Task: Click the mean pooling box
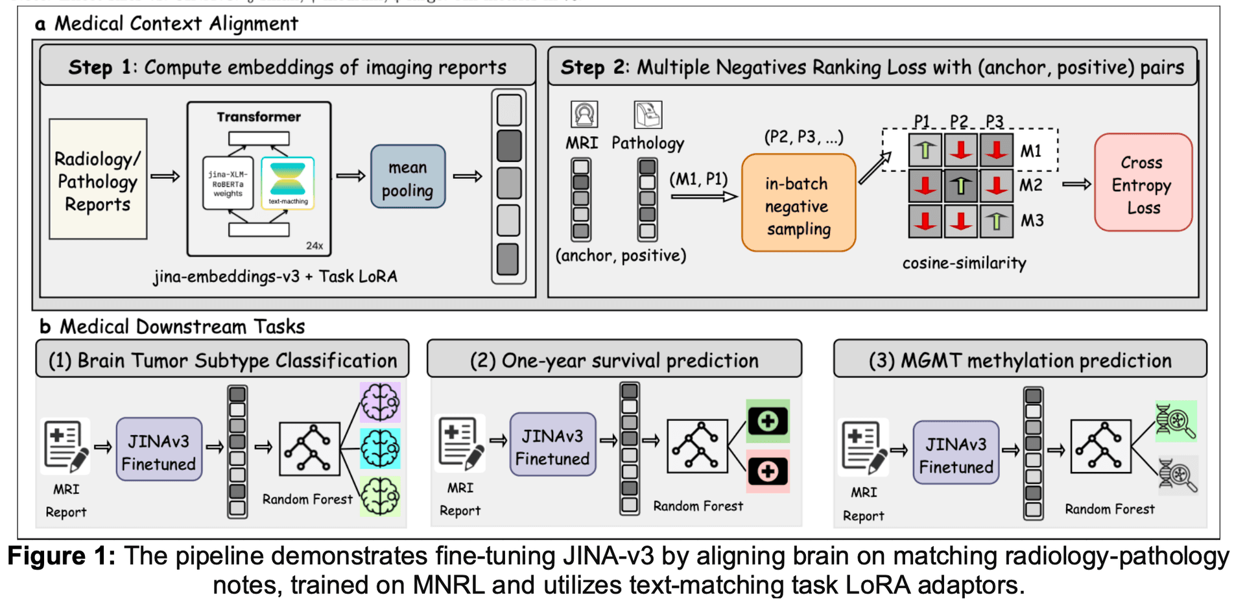[x=407, y=177]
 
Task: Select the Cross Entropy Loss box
[x=1143, y=184]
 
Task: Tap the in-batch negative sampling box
[x=798, y=204]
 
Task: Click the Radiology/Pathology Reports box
[x=98, y=180]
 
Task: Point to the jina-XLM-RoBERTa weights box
[x=228, y=184]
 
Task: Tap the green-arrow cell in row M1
[x=925, y=150]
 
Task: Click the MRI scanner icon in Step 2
[x=584, y=114]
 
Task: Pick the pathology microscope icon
[x=647, y=115]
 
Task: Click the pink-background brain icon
[x=380, y=402]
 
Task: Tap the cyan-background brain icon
[x=380, y=448]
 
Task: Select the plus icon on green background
[x=768, y=421]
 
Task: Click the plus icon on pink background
[x=768, y=471]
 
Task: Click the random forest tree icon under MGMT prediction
[x=1100, y=445]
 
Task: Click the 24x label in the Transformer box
[x=314, y=246]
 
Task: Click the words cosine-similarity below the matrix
[x=964, y=263]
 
